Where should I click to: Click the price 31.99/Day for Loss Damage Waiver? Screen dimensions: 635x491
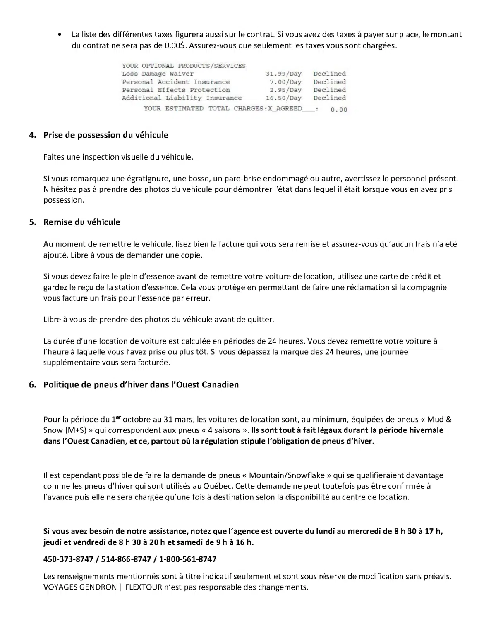click(x=283, y=74)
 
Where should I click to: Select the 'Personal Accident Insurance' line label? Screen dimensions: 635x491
click(x=175, y=82)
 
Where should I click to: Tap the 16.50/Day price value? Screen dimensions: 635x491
click(x=283, y=98)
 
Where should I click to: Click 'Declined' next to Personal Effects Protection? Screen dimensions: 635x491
click(x=329, y=90)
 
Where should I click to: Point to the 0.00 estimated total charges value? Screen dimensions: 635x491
click(x=339, y=110)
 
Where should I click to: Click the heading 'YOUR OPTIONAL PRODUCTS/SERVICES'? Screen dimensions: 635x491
click(x=184, y=66)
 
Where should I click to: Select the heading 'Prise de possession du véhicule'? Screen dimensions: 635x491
click(x=106, y=135)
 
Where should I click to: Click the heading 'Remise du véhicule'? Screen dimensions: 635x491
click(x=81, y=222)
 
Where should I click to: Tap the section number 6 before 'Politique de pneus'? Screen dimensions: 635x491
click(x=32, y=385)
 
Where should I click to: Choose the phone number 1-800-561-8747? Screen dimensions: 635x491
click(x=188, y=559)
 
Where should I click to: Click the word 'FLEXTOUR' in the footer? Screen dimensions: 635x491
click(x=141, y=587)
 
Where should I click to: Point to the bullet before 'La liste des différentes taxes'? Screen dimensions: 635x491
click(x=61, y=35)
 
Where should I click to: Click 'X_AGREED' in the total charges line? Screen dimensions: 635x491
click(x=285, y=109)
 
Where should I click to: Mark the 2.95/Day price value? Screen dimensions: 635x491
click(x=285, y=90)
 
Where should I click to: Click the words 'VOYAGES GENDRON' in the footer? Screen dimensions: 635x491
click(x=80, y=587)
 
